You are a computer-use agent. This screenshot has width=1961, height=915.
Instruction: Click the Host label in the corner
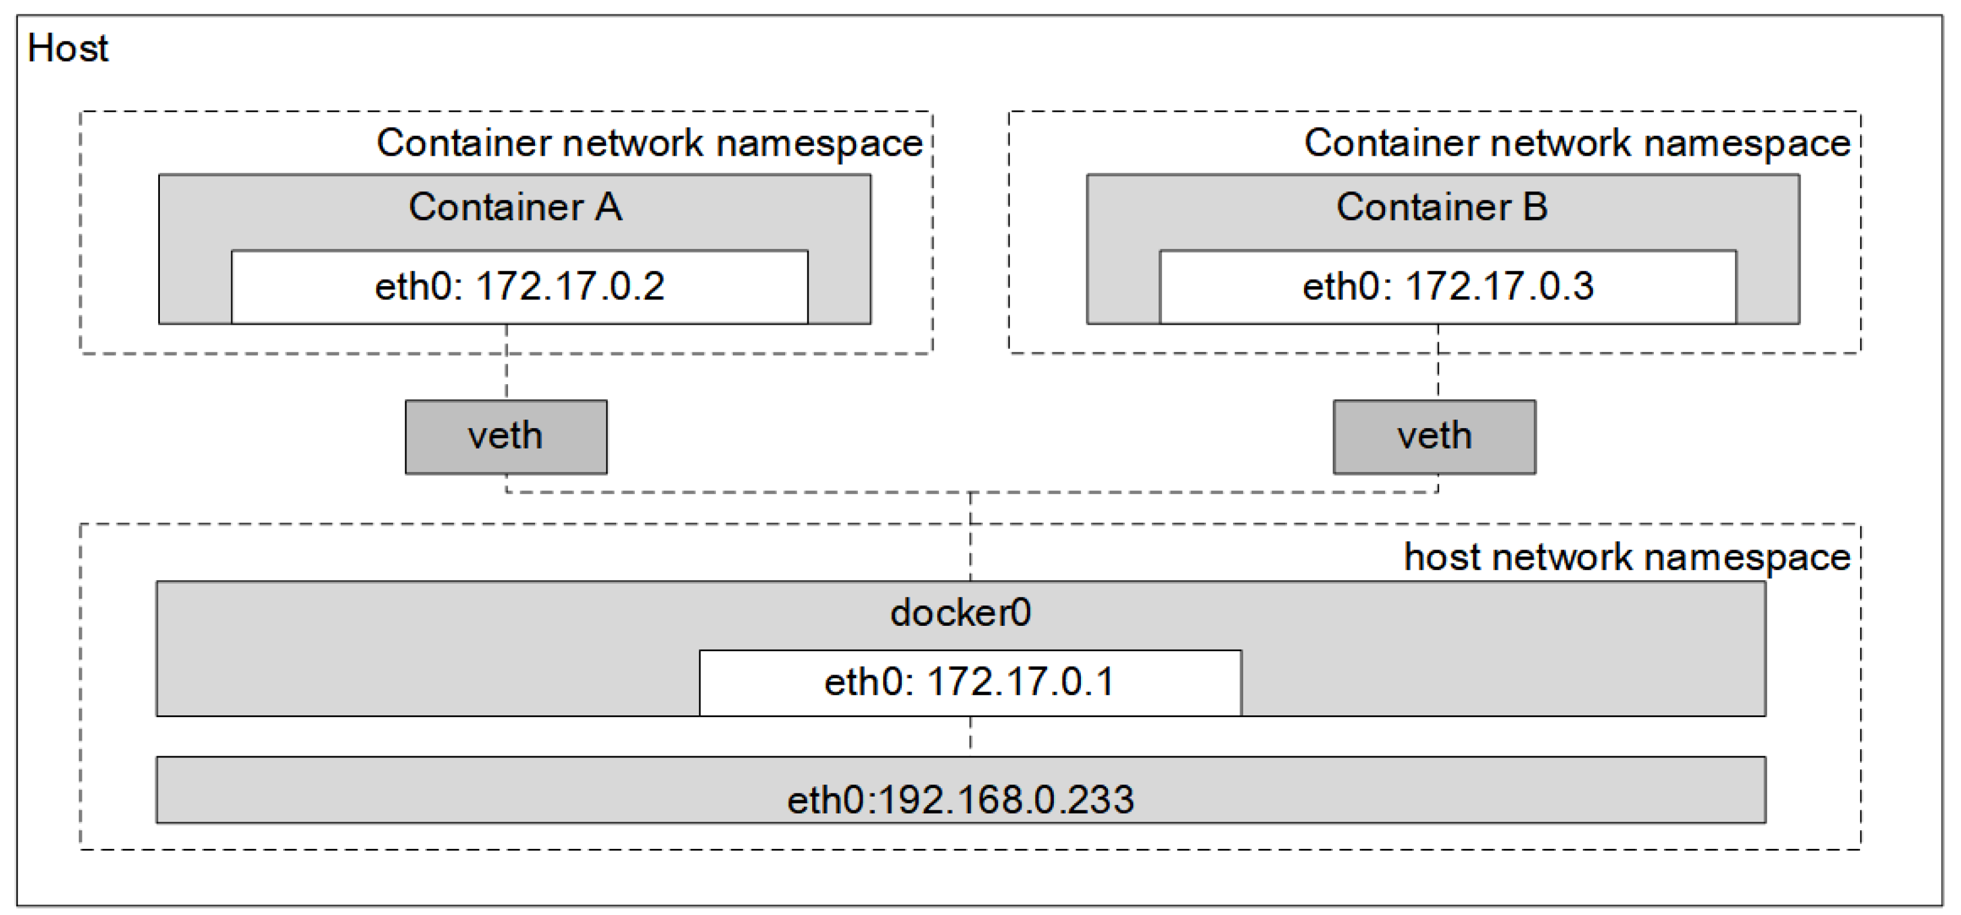click(68, 49)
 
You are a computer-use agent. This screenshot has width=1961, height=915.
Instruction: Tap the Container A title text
click(515, 207)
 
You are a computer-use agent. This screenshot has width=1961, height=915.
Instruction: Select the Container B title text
click(1442, 207)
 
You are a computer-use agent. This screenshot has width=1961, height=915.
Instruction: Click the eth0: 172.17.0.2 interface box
click(519, 287)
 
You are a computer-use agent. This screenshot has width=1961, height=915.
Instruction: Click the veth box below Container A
click(506, 437)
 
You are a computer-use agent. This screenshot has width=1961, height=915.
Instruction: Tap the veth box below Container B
click(1434, 437)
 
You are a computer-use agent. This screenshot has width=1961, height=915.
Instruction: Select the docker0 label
click(961, 613)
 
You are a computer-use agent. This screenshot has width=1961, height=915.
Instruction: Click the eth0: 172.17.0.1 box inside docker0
click(970, 682)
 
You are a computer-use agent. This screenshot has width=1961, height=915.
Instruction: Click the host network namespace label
click(1627, 557)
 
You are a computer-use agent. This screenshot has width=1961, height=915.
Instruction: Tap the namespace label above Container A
click(649, 143)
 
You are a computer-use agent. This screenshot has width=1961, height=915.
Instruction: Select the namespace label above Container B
click(1577, 143)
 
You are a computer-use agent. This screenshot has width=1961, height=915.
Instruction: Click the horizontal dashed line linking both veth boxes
click(761, 492)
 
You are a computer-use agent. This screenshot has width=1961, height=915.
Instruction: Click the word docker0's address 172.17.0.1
click(1020, 682)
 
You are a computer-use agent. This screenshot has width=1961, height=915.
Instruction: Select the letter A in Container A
click(608, 207)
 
